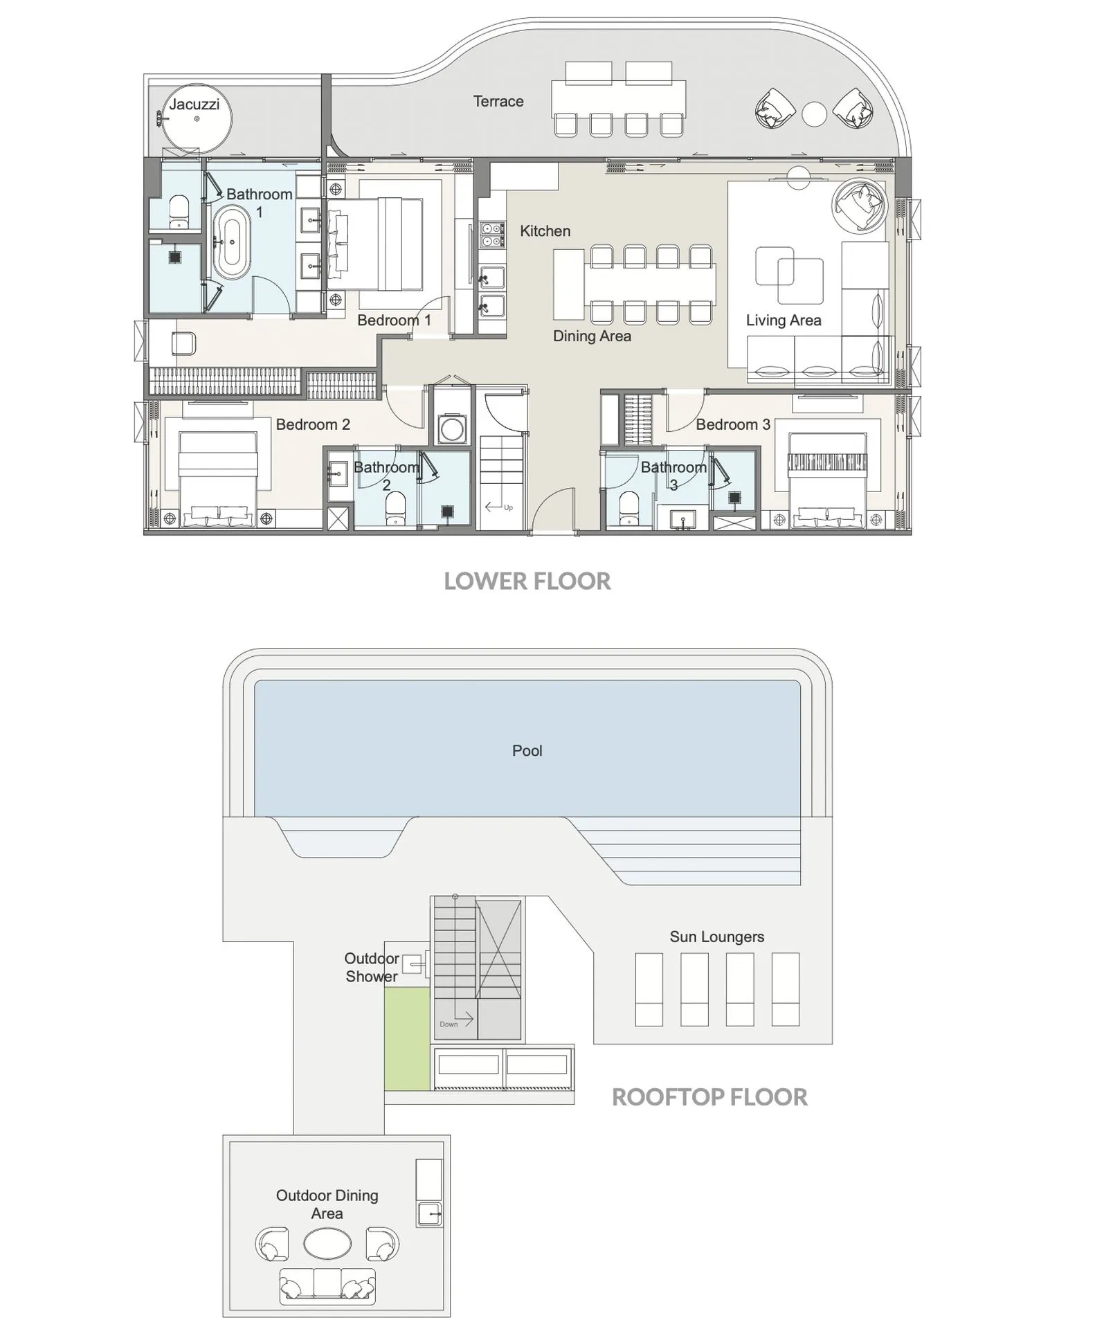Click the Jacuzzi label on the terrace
tap(194, 105)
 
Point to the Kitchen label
tap(545, 231)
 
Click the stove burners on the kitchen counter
tap(492, 235)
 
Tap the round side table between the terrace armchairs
tap(814, 114)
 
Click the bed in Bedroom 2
tap(218, 478)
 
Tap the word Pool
tap(527, 751)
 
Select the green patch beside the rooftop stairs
tap(407, 1038)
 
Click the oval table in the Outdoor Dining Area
tap(327, 1244)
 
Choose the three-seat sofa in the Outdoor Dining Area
tap(327, 1286)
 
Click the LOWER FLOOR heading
tap(527, 581)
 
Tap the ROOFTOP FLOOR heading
tap(709, 1097)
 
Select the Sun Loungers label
tap(716, 937)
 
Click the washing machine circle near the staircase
tap(451, 428)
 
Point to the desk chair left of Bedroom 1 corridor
tap(183, 343)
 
